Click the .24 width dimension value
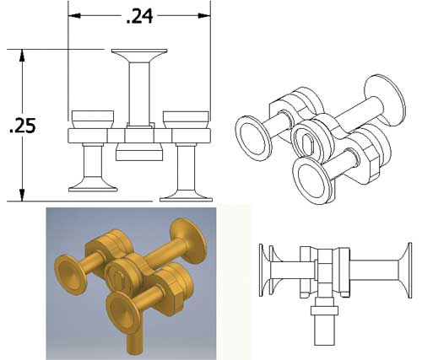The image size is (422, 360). tap(140, 16)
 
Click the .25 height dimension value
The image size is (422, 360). tap(23, 126)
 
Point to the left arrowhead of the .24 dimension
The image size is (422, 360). tap(74, 16)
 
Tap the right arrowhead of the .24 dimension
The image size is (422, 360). tap(204, 16)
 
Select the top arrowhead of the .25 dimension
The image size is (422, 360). tap(22, 56)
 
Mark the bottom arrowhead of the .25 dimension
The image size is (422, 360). tap(22, 195)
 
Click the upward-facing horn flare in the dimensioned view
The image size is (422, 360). tap(139, 56)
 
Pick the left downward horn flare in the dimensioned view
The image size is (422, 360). tap(93, 185)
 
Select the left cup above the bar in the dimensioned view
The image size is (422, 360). tap(93, 120)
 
